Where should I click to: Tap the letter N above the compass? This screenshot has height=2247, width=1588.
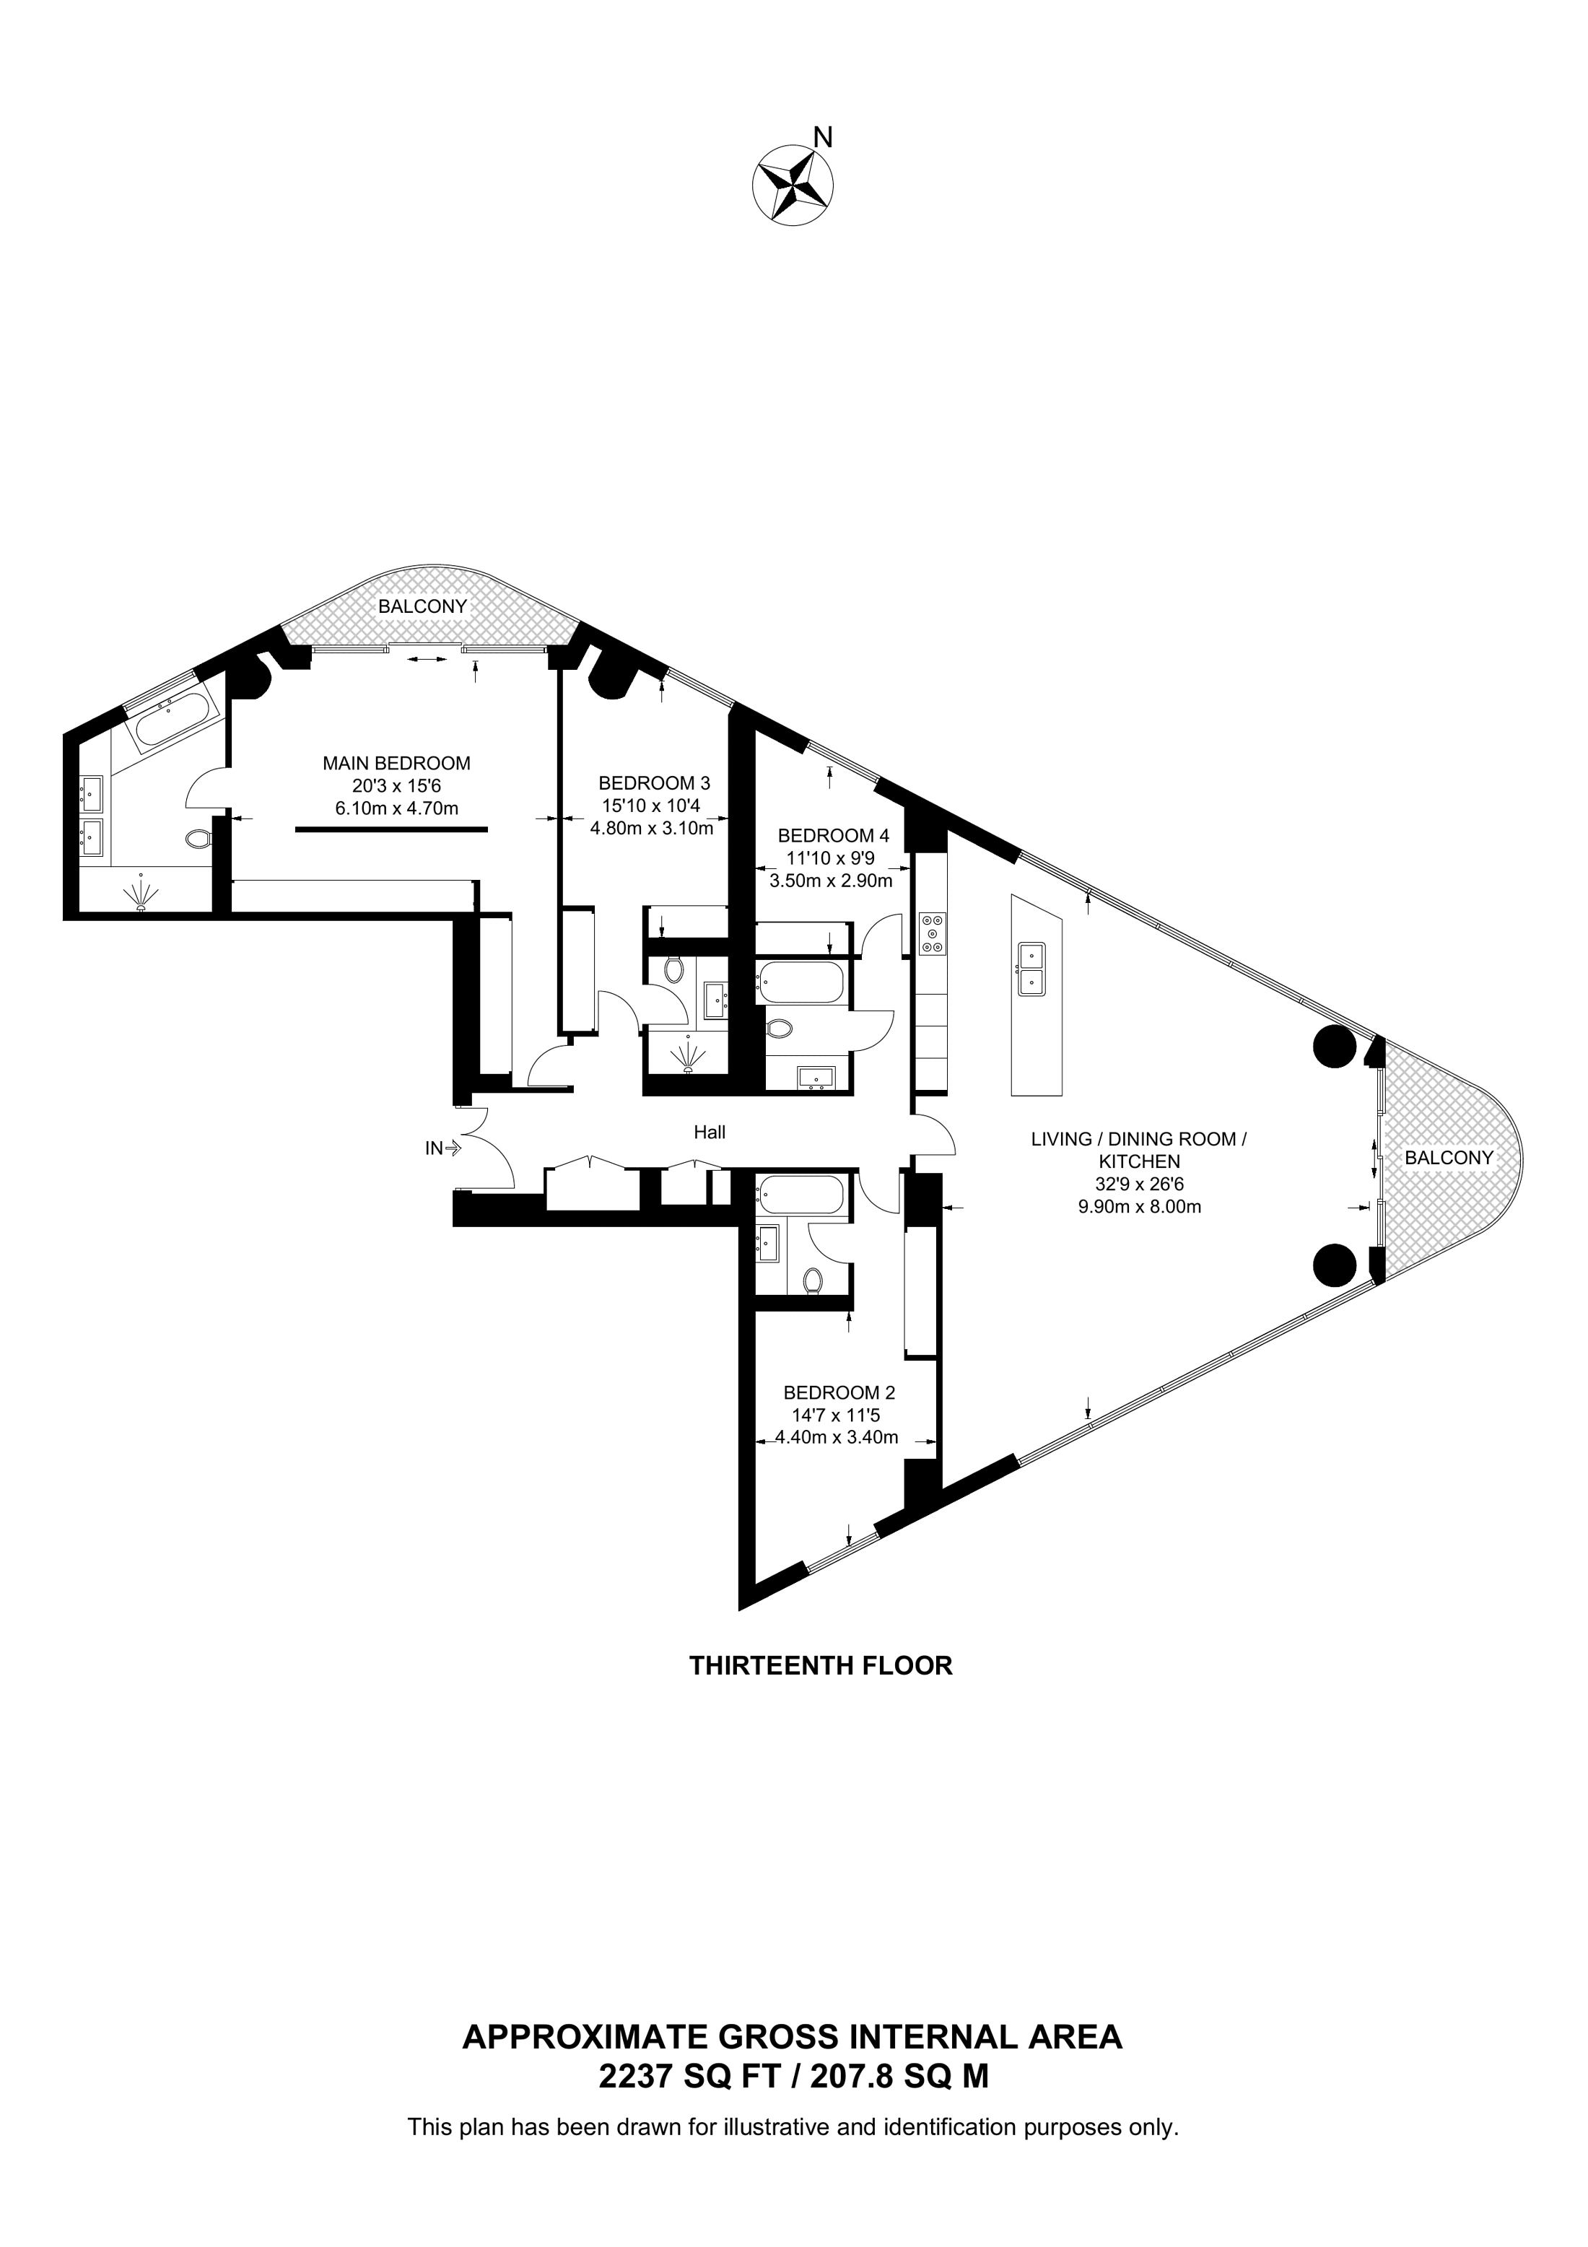click(x=824, y=138)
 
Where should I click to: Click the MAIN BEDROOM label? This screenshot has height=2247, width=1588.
click(x=396, y=764)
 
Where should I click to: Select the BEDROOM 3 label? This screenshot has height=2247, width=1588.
click(x=653, y=783)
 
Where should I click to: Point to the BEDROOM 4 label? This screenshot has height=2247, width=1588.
click(x=833, y=836)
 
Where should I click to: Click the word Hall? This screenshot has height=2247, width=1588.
click(x=710, y=1133)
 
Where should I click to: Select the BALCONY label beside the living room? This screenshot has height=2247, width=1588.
click(x=1449, y=1158)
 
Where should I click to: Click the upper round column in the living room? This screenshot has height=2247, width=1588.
click(x=1335, y=1048)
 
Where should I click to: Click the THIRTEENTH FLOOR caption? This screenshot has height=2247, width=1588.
click(x=821, y=1666)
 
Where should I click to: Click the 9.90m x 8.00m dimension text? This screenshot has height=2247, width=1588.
click(x=1139, y=1207)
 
